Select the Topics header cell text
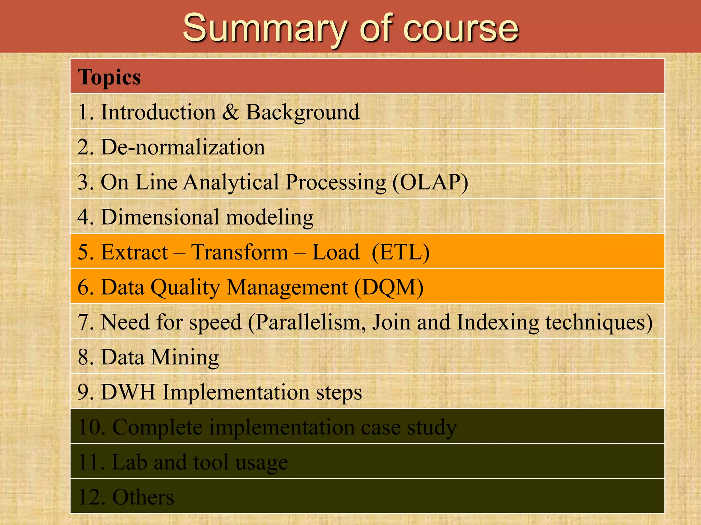[x=109, y=77]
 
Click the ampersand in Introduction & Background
[x=230, y=112]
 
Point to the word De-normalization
[x=183, y=147]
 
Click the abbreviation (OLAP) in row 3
[x=430, y=182]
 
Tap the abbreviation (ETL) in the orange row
[x=400, y=252]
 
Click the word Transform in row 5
[x=240, y=252]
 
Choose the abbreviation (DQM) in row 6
[x=389, y=287]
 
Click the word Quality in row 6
[x=185, y=288]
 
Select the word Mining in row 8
[x=185, y=358]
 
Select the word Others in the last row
[x=143, y=497]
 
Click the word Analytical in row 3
[x=231, y=182]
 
